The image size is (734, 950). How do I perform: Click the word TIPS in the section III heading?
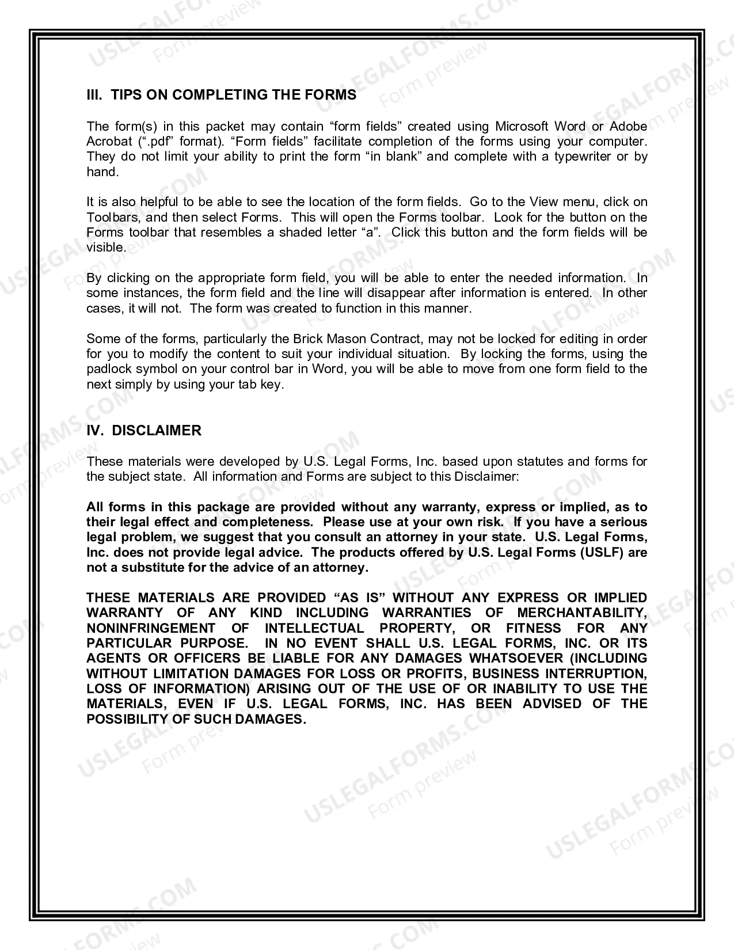[125, 95]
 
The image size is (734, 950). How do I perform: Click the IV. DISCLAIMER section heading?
[144, 431]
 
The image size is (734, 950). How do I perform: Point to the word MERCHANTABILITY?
[581, 613]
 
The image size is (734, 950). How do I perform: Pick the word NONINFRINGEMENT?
[151, 628]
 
